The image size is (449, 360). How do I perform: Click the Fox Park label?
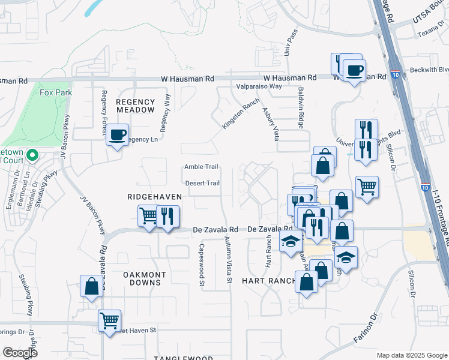[55, 93]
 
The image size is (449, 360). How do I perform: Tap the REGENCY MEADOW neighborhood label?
[135, 106]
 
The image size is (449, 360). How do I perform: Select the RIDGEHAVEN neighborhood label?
[149, 196]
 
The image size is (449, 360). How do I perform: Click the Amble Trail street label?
[201, 167]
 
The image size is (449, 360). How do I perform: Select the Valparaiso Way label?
[259, 86]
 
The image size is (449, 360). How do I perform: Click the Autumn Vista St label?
[229, 260]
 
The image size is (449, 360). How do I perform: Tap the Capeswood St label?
[202, 265]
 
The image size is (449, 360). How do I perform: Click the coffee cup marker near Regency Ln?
[118, 134]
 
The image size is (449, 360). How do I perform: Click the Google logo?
[20, 353]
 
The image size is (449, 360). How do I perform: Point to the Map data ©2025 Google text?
[411, 355]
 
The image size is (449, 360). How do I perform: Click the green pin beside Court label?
[32, 156]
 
